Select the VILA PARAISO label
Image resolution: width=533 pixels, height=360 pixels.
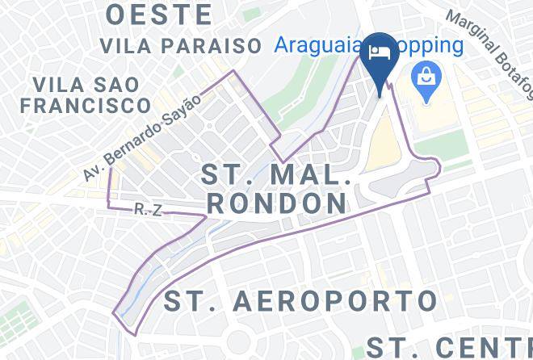[180, 44]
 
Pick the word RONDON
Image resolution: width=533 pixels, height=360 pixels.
[275, 202]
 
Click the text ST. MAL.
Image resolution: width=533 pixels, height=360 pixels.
[275, 174]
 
